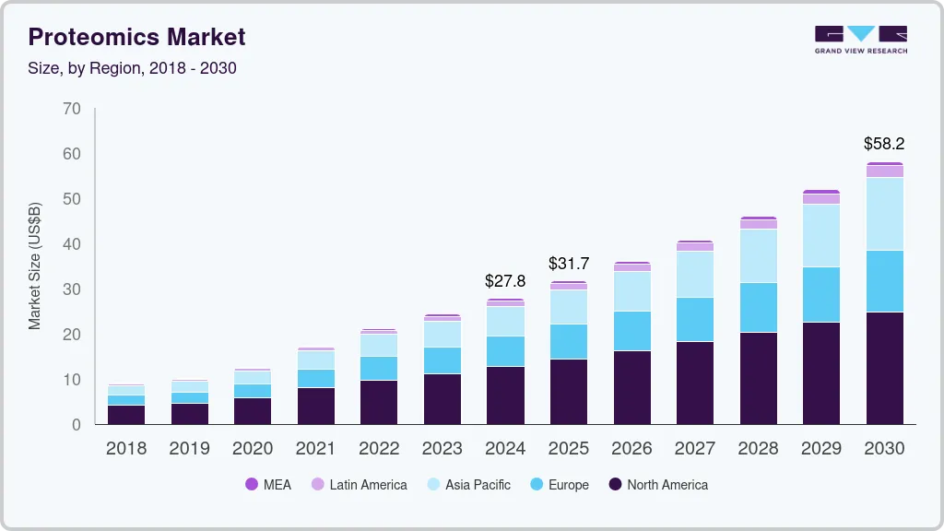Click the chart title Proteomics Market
click(x=137, y=37)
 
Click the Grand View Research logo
click(x=860, y=39)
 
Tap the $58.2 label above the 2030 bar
click(x=884, y=144)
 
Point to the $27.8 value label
click(x=505, y=280)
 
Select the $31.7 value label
click(x=569, y=264)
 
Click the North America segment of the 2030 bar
click(x=884, y=368)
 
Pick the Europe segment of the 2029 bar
click(x=821, y=294)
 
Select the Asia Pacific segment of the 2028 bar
click(x=758, y=255)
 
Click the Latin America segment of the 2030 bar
click(x=884, y=171)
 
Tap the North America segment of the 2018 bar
click(x=126, y=414)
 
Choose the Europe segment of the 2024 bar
click(x=505, y=351)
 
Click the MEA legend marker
click(x=252, y=484)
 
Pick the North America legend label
click(x=667, y=484)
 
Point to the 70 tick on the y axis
click(x=72, y=109)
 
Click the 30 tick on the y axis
click(x=72, y=289)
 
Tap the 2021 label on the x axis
click(x=316, y=448)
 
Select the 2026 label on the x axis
click(x=631, y=448)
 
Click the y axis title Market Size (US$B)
click(x=35, y=266)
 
